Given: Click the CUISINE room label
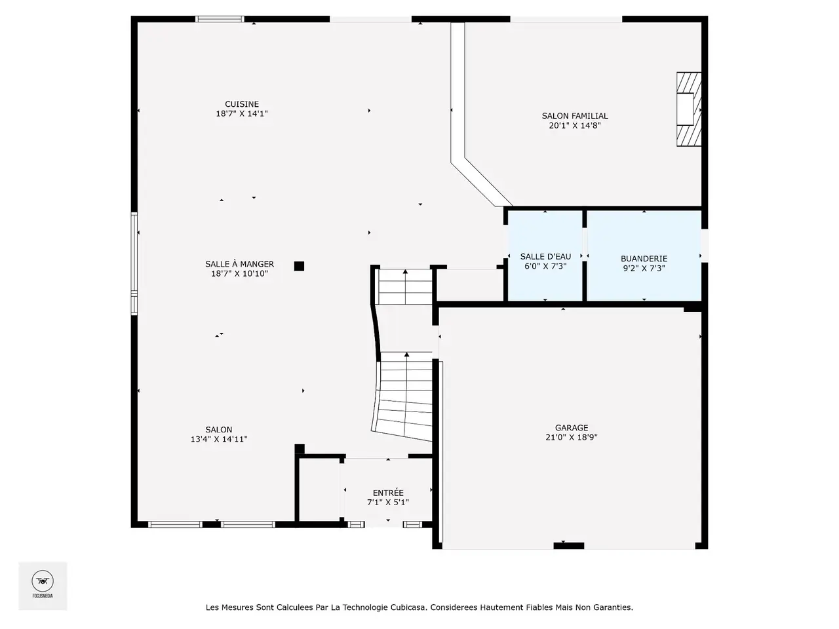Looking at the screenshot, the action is (x=242, y=104).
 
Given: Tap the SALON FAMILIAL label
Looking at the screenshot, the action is (x=574, y=116).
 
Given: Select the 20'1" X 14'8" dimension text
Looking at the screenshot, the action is (x=574, y=126).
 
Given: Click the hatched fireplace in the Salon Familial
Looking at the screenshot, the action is (x=689, y=109).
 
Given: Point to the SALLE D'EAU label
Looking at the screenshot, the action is (x=545, y=257).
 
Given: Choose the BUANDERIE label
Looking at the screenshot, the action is (x=644, y=259).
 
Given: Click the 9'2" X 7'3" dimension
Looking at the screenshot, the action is (x=644, y=269).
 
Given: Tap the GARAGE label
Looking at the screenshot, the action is (x=572, y=428).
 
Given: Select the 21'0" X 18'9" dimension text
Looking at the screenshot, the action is (x=572, y=438).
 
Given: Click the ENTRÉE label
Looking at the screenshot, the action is (x=388, y=492).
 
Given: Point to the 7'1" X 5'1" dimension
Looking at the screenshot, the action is (x=388, y=503).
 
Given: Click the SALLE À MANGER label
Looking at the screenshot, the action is (x=239, y=264).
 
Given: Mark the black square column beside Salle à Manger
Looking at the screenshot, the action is (x=299, y=266).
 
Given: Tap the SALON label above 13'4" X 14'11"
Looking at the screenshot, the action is (x=219, y=430).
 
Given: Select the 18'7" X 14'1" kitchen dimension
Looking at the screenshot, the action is (x=242, y=114).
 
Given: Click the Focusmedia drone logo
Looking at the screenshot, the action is (x=43, y=581).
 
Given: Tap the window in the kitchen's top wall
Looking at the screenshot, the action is (x=220, y=19).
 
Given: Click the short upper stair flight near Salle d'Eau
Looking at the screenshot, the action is (x=405, y=287).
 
